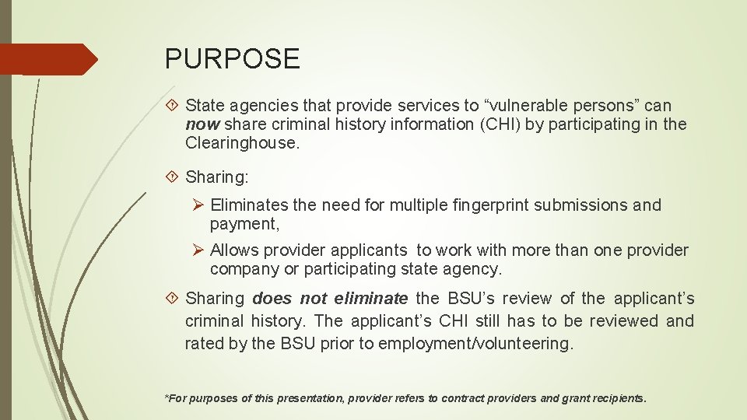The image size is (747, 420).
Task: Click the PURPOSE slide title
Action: point(232,59)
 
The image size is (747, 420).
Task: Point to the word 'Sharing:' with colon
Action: point(217,178)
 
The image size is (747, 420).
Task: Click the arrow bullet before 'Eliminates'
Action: point(198,205)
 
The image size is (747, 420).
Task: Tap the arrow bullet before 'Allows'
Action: point(198,250)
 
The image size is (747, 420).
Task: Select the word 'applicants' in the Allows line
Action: point(370,250)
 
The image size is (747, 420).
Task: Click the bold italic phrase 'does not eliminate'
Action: point(330,299)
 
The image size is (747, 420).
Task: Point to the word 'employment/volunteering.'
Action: point(475,344)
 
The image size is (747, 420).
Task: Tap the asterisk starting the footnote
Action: point(166,397)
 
